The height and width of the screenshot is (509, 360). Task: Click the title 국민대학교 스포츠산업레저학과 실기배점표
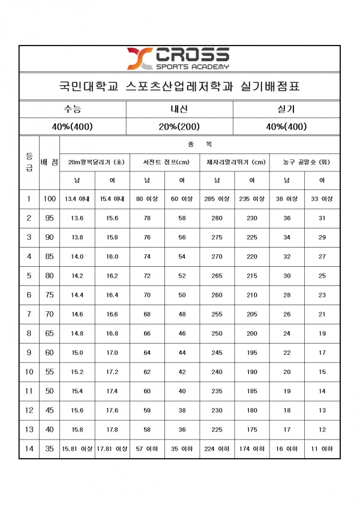pyautogui.click(x=179, y=86)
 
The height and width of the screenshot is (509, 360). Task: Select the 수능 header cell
pyautogui.click(x=72, y=109)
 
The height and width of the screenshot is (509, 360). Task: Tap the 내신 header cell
pyautogui.click(x=179, y=109)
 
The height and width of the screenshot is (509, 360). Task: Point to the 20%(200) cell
pyautogui.click(x=179, y=127)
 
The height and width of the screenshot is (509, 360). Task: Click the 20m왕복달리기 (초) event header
pyautogui.click(x=95, y=162)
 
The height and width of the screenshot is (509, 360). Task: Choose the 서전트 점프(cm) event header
pyautogui.click(x=164, y=162)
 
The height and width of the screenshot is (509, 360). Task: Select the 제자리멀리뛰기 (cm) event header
pyautogui.click(x=235, y=162)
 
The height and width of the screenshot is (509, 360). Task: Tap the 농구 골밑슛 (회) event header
pyautogui.click(x=304, y=162)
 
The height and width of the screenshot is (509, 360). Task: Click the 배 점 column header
pyautogui.click(x=49, y=162)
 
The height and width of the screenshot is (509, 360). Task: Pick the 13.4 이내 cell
pyautogui.click(x=77, y=199)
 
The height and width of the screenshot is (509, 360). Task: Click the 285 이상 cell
pyautogui.click(x=217, y=199)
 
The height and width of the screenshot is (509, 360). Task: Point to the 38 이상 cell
pyautogui.click(x=287, y=199)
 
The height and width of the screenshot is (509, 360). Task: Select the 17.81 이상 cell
pyautogui.click(x=112, y=449)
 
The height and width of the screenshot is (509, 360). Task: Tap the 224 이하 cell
pyautogui.click(x=217, y=449)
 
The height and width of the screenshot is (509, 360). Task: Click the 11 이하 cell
pyautogui.click(x=322, y=449)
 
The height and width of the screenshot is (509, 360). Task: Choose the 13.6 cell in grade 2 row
pyautogui.click(x=77, y=218)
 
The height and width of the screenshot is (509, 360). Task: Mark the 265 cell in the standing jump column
pyautogui.click(x=217, y=276)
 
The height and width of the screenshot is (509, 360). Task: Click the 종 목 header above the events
pyautogui.click(x=199, y=144)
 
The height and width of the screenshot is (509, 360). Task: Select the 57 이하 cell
pyautogui.click(x=147, y=449)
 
